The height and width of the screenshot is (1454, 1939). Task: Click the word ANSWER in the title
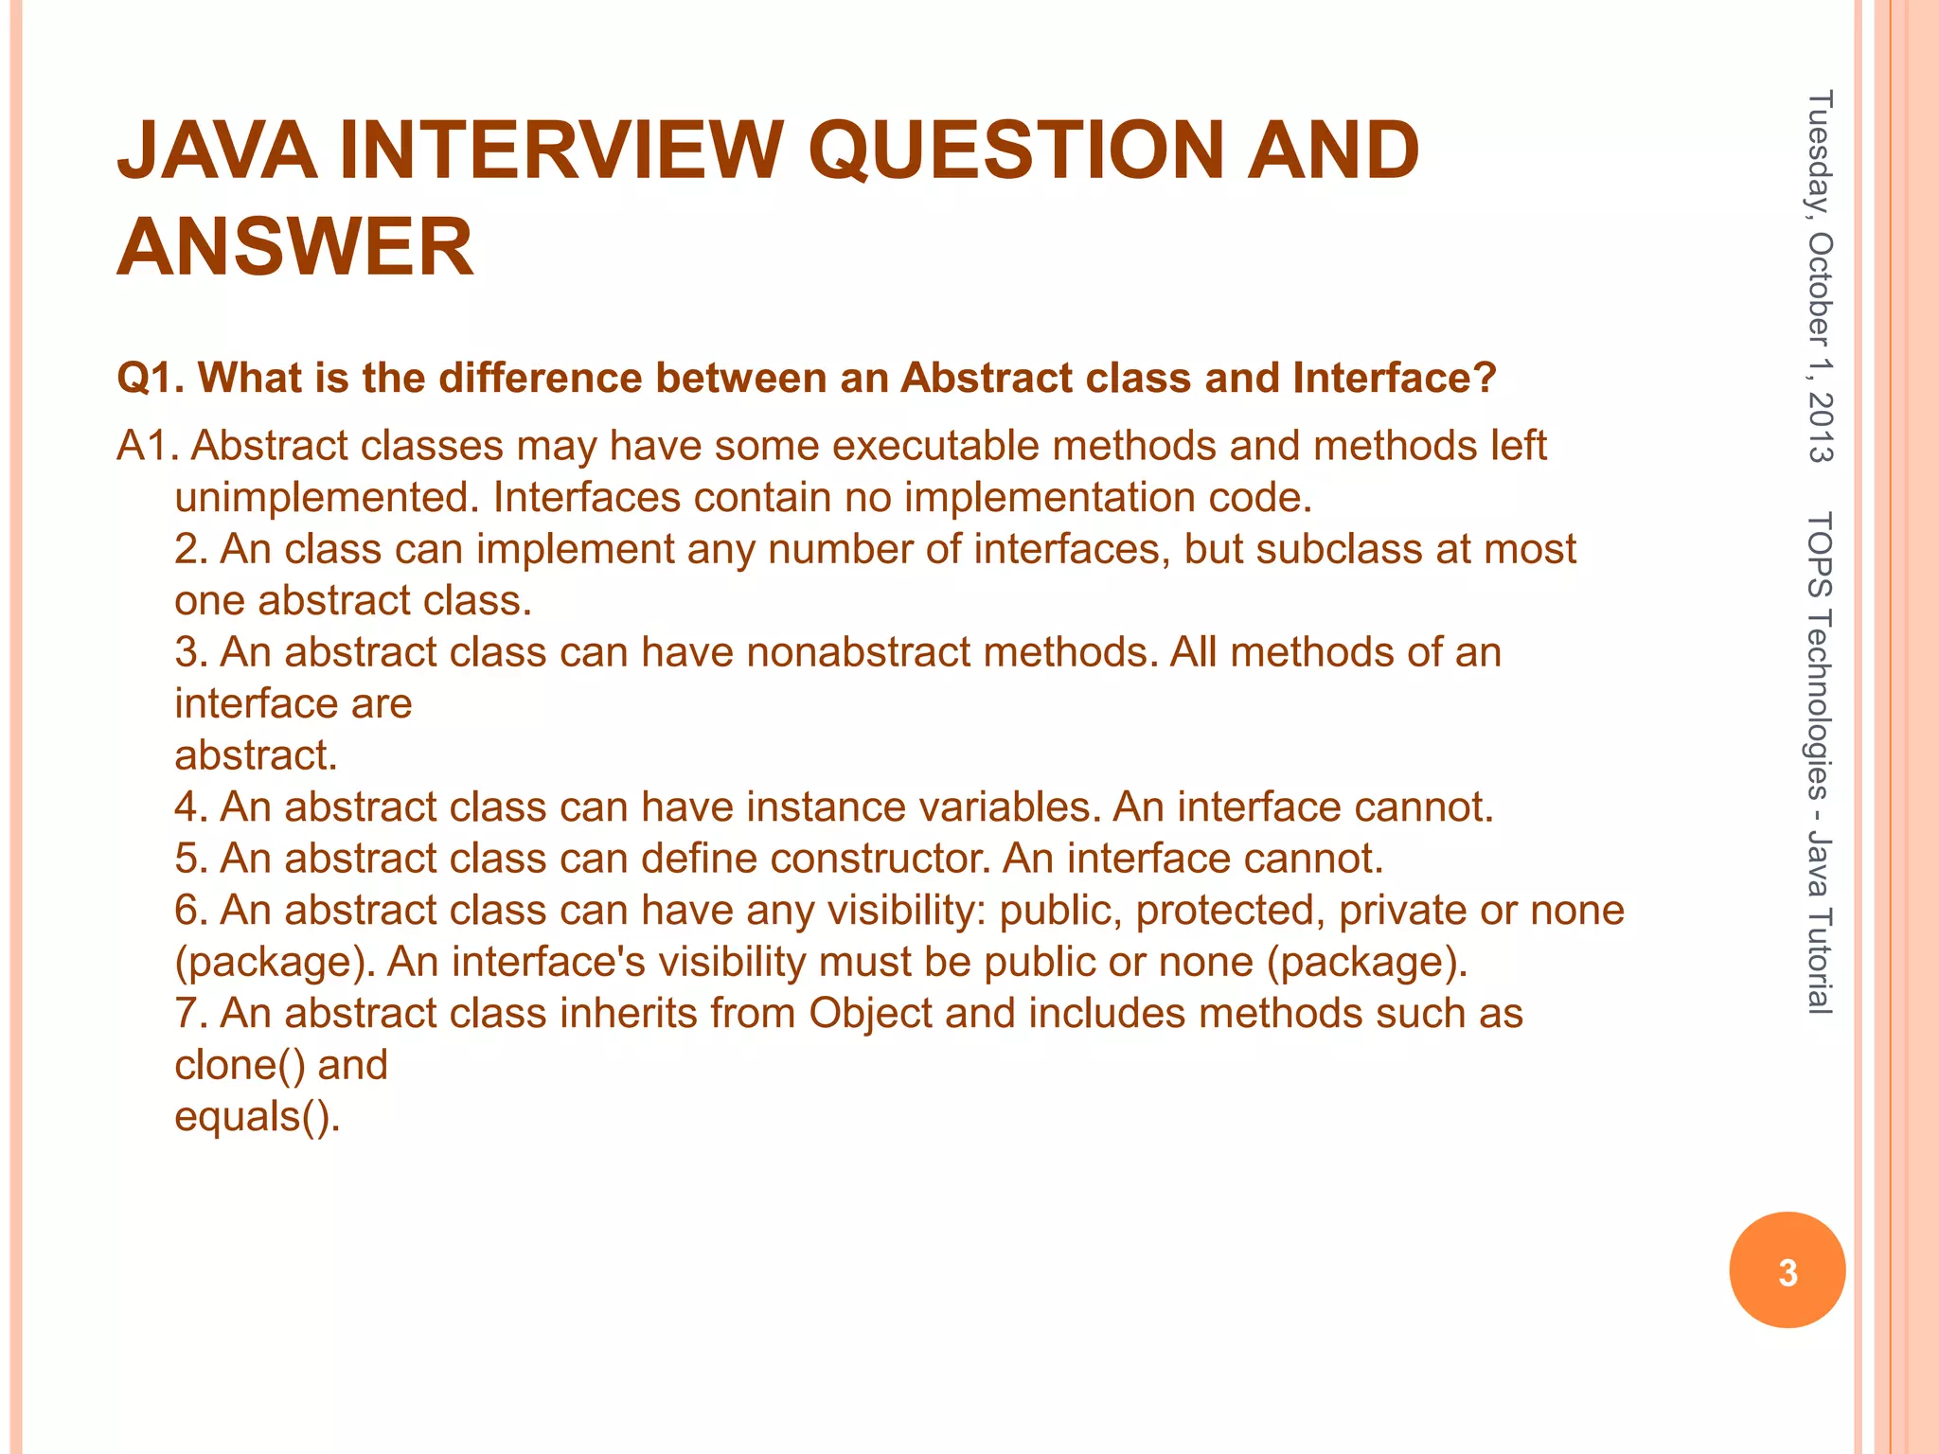(294, 247)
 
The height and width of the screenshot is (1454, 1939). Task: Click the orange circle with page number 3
(1787, 1270)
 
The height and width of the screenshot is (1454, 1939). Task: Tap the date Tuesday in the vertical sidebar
(1820, 152)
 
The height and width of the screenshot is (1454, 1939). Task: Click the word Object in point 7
(870, 1014)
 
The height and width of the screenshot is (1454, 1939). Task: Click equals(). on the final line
(257, 1117)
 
